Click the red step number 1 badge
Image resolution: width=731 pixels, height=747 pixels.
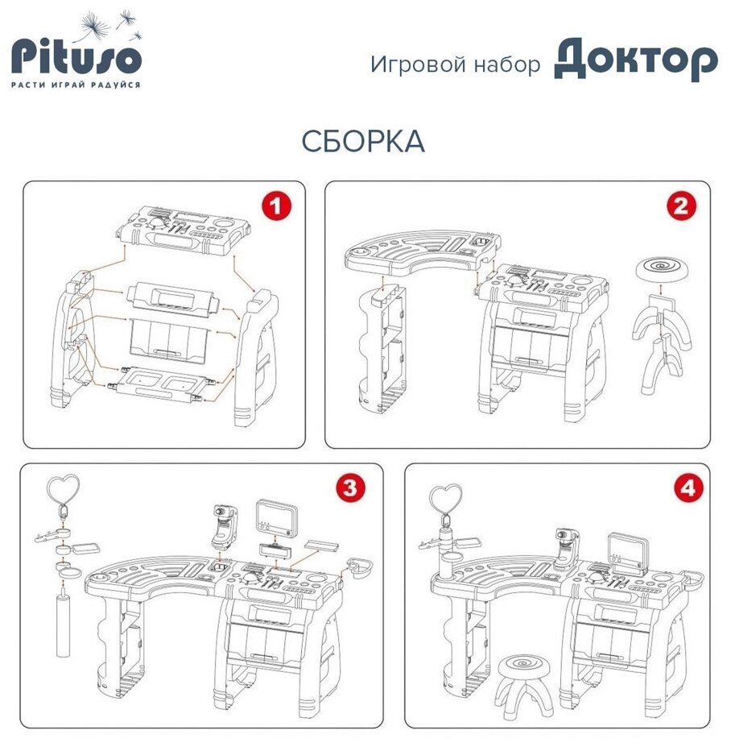pyautogui.click(x=276, y=207)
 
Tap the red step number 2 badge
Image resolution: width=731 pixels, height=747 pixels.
pyautogui.click(x=681, y=207)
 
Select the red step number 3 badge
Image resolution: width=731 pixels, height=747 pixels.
pyautogui.click(x=349, y=488)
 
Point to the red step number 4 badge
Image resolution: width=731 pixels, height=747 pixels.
pyautogui.click(x=688, y=488)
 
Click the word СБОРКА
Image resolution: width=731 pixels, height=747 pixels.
pyautogui.click(x=363, y=142)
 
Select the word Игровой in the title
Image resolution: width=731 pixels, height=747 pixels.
pyautogui.click(x=418, y=64)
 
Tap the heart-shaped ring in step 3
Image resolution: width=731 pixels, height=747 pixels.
pyautogui.click(x=62, y=486)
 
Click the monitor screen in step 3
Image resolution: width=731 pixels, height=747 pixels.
pyautogui.click(x=276, y=517)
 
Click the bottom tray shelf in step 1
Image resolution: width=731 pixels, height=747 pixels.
pyautogui.click(x=159, y=385)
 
